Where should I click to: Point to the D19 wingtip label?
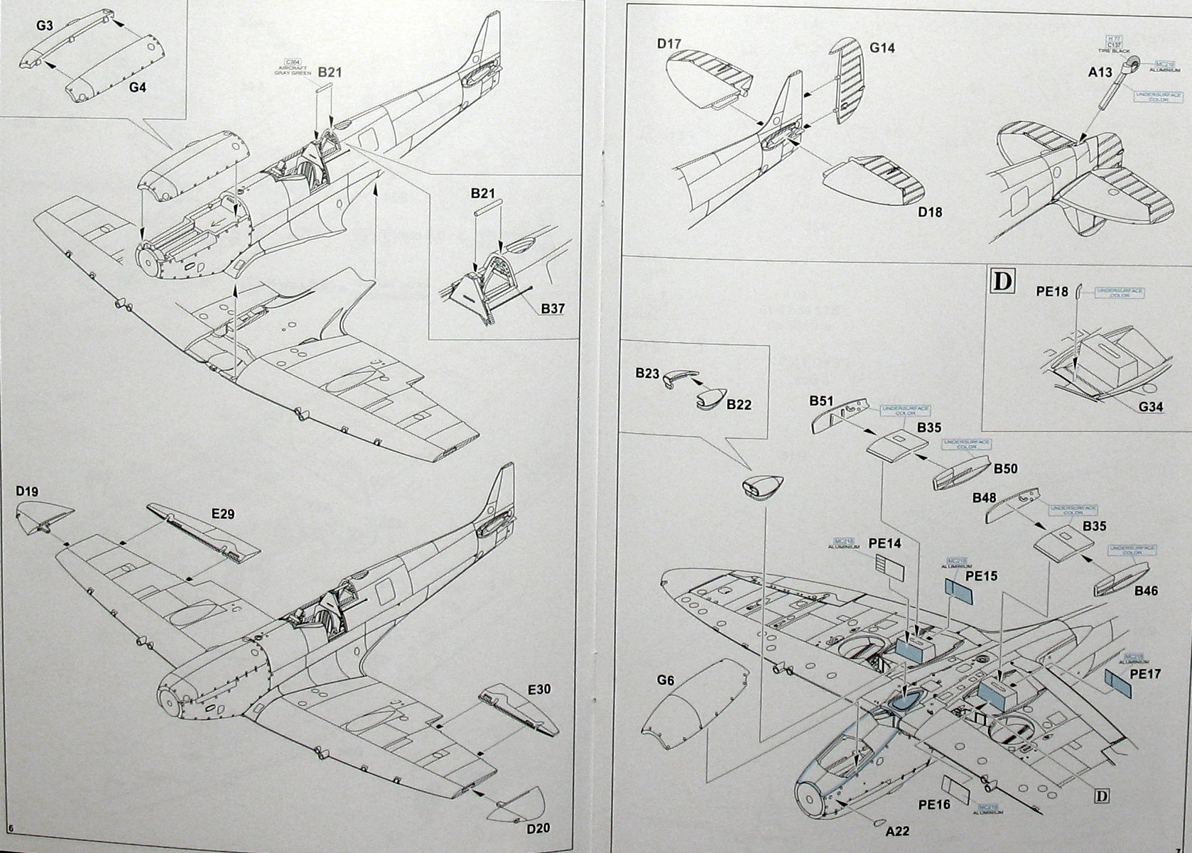[28, 491]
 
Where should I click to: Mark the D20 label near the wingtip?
[538, 828]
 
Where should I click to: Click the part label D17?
[671, 44]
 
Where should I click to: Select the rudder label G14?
[882, 48]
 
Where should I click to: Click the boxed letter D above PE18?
[1002, 281]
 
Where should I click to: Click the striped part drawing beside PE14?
[889, 568]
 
